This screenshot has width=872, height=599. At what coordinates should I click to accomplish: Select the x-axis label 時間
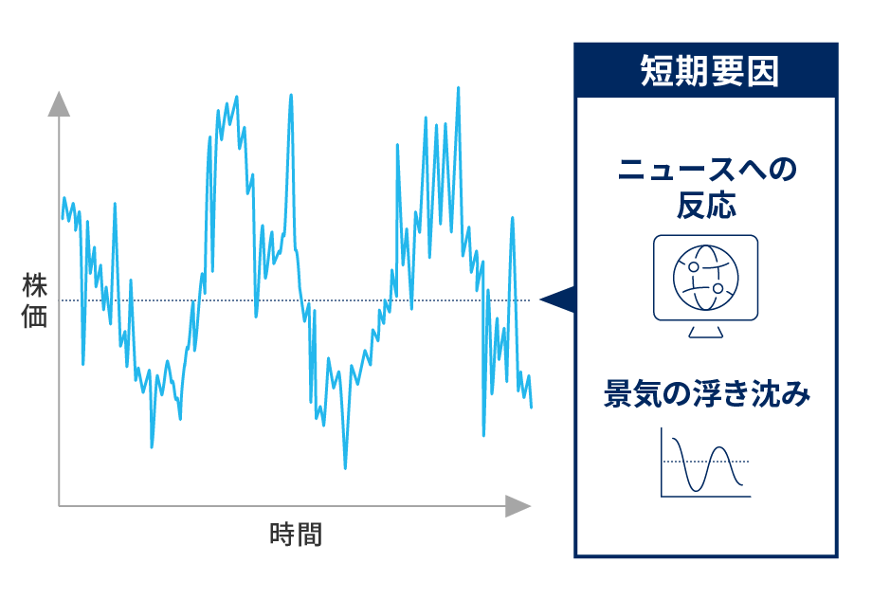coord(296,535)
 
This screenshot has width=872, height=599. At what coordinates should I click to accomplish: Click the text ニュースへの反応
coord(706,188)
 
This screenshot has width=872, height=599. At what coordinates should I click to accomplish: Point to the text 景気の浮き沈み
coord(707,394)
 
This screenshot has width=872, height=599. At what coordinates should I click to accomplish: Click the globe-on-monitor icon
coord(705,278)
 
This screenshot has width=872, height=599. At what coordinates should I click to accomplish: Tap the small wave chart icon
coord(706,463)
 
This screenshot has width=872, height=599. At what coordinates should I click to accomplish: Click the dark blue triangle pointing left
coord(559,299)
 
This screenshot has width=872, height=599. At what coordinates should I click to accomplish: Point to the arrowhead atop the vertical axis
coord(59,102)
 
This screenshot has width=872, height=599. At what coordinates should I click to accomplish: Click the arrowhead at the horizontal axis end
coord(518,506)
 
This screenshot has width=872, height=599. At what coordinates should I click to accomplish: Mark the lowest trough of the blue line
coord(345,467)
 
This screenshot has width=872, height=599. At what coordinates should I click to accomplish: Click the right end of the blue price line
coord(532,407)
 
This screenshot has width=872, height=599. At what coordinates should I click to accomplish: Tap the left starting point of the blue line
coord(63,218)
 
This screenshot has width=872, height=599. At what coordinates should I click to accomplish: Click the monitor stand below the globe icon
coord(705,331)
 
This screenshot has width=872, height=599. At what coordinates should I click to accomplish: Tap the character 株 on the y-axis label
coord(34,285)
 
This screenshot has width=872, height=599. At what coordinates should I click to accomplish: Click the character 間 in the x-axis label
coord(309,535)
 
